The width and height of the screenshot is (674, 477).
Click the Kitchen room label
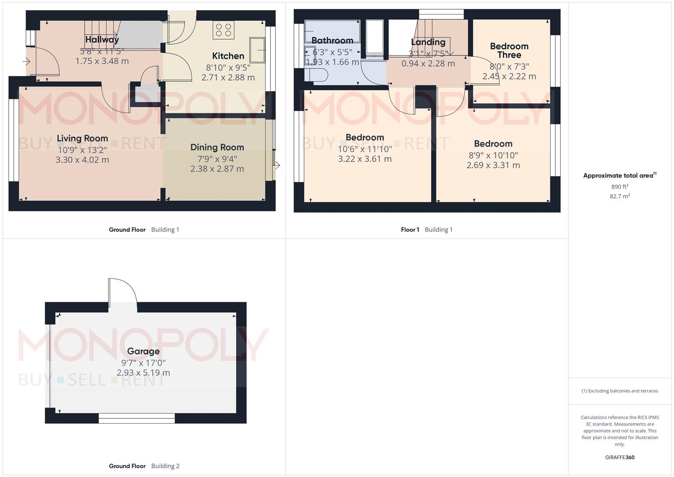point(228,56)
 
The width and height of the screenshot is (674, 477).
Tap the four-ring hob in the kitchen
point(223,30)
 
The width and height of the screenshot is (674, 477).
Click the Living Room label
point(82,138)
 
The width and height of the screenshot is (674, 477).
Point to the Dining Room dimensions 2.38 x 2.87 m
point(217,169)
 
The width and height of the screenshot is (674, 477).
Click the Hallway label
point(102,40)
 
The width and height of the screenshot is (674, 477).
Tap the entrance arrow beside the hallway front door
point(26,62)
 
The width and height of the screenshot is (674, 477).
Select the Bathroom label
point(332,41)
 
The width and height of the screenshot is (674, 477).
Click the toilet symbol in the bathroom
point(317,75)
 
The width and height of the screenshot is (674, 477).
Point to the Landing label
point(428,42)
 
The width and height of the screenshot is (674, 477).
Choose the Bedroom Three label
point(509,50)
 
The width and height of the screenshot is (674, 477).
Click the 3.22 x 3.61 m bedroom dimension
point(365,159)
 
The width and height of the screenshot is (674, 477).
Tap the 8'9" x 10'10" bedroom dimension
point(493,155)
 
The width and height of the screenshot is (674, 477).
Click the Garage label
point(143,351)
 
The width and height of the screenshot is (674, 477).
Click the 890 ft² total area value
point(619,187)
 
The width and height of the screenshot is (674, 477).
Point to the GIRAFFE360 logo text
point(619,457)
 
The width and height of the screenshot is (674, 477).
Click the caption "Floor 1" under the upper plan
point(410,230)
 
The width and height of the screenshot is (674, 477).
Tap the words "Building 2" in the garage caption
point(165,466)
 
